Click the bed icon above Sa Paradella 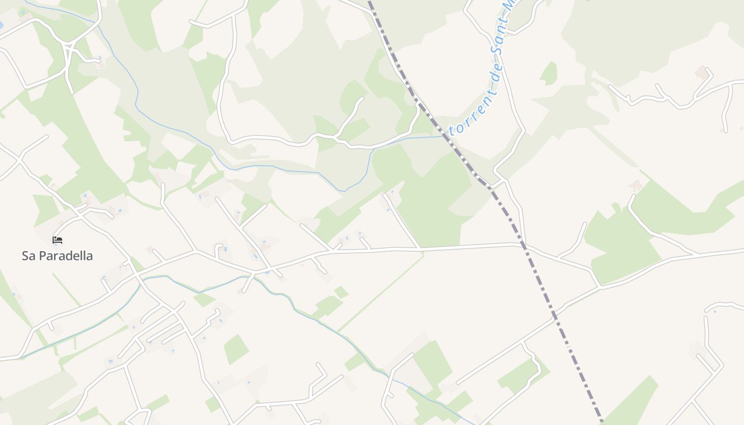coord(57,240)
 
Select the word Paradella coord(65,256)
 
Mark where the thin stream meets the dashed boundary coord(443,136)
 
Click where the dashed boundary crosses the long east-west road coord(523,245)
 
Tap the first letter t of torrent coord(452,129)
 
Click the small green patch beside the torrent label coord(548,73)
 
